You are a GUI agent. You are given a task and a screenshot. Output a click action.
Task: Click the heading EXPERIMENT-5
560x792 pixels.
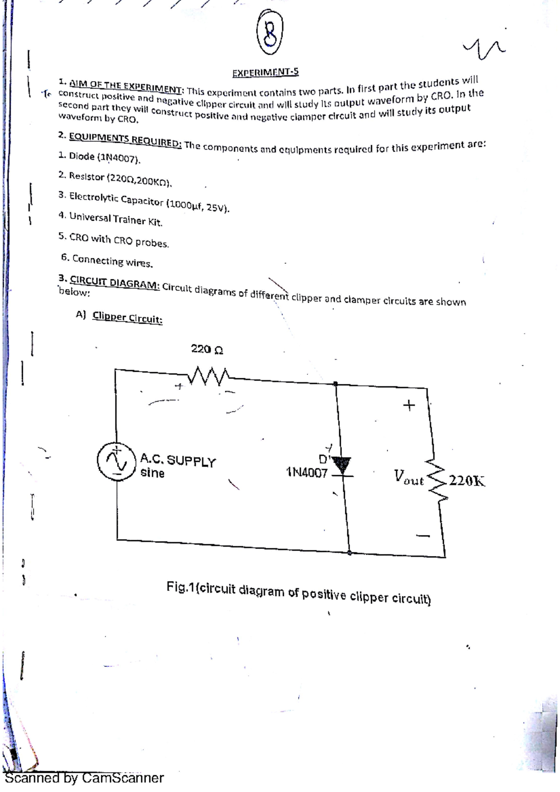pos(265,72)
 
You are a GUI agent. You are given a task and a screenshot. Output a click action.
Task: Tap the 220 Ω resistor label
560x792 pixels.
pos(207,349)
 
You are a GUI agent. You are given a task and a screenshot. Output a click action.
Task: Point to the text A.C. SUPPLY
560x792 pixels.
pos(178,460)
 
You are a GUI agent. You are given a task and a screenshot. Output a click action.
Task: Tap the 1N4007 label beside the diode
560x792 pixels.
pos(307,472)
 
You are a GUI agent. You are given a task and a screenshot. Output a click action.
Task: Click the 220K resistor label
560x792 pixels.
pos(468,480)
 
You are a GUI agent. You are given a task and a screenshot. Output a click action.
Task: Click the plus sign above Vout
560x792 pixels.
pos(409,405)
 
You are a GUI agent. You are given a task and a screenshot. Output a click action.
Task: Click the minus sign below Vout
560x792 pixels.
pos(423,535)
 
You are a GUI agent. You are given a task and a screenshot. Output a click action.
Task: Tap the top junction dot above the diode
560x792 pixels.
pos(336,384)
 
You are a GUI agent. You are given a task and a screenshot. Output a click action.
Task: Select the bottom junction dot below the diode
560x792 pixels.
pos(350,553)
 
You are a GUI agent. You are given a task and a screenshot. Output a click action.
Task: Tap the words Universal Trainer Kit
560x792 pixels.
pos(116,219)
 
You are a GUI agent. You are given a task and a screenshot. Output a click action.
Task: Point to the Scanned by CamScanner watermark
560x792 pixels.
pos(84,778)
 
